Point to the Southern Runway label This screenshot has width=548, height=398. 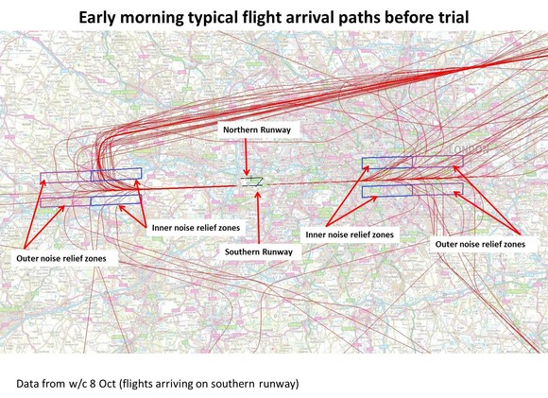click(x=257, y=252)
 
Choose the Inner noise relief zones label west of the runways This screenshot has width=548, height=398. click(x=195, y=228)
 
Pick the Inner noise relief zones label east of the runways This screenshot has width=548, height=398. click(x=349, y=234)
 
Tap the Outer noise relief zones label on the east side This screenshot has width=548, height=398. click(x=479, y=243)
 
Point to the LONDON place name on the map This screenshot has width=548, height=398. click(x=470, y=150)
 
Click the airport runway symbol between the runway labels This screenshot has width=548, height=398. click(x=252, y=181)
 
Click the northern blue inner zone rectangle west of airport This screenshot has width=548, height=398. click(x=115, y=174)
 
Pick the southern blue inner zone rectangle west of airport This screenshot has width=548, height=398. click(x=115, y=199)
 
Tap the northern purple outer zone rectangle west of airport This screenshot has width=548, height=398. click(x=66, y=178)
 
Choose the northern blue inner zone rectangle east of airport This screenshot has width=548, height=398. click(x=387, y=164)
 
